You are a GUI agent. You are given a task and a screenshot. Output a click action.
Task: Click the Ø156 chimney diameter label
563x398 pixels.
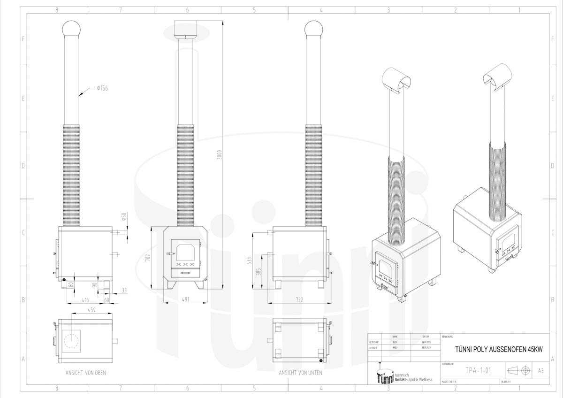102,88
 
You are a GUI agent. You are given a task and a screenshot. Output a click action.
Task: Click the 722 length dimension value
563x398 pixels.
298,299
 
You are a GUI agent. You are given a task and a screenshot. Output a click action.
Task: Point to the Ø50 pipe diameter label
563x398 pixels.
124,217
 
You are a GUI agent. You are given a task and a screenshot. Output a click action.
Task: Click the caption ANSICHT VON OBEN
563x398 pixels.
85,373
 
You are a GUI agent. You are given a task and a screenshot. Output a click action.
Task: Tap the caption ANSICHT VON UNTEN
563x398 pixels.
299,373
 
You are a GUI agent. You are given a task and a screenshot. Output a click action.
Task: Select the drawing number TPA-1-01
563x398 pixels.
479,371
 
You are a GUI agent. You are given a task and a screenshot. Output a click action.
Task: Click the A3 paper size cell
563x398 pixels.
540,371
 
